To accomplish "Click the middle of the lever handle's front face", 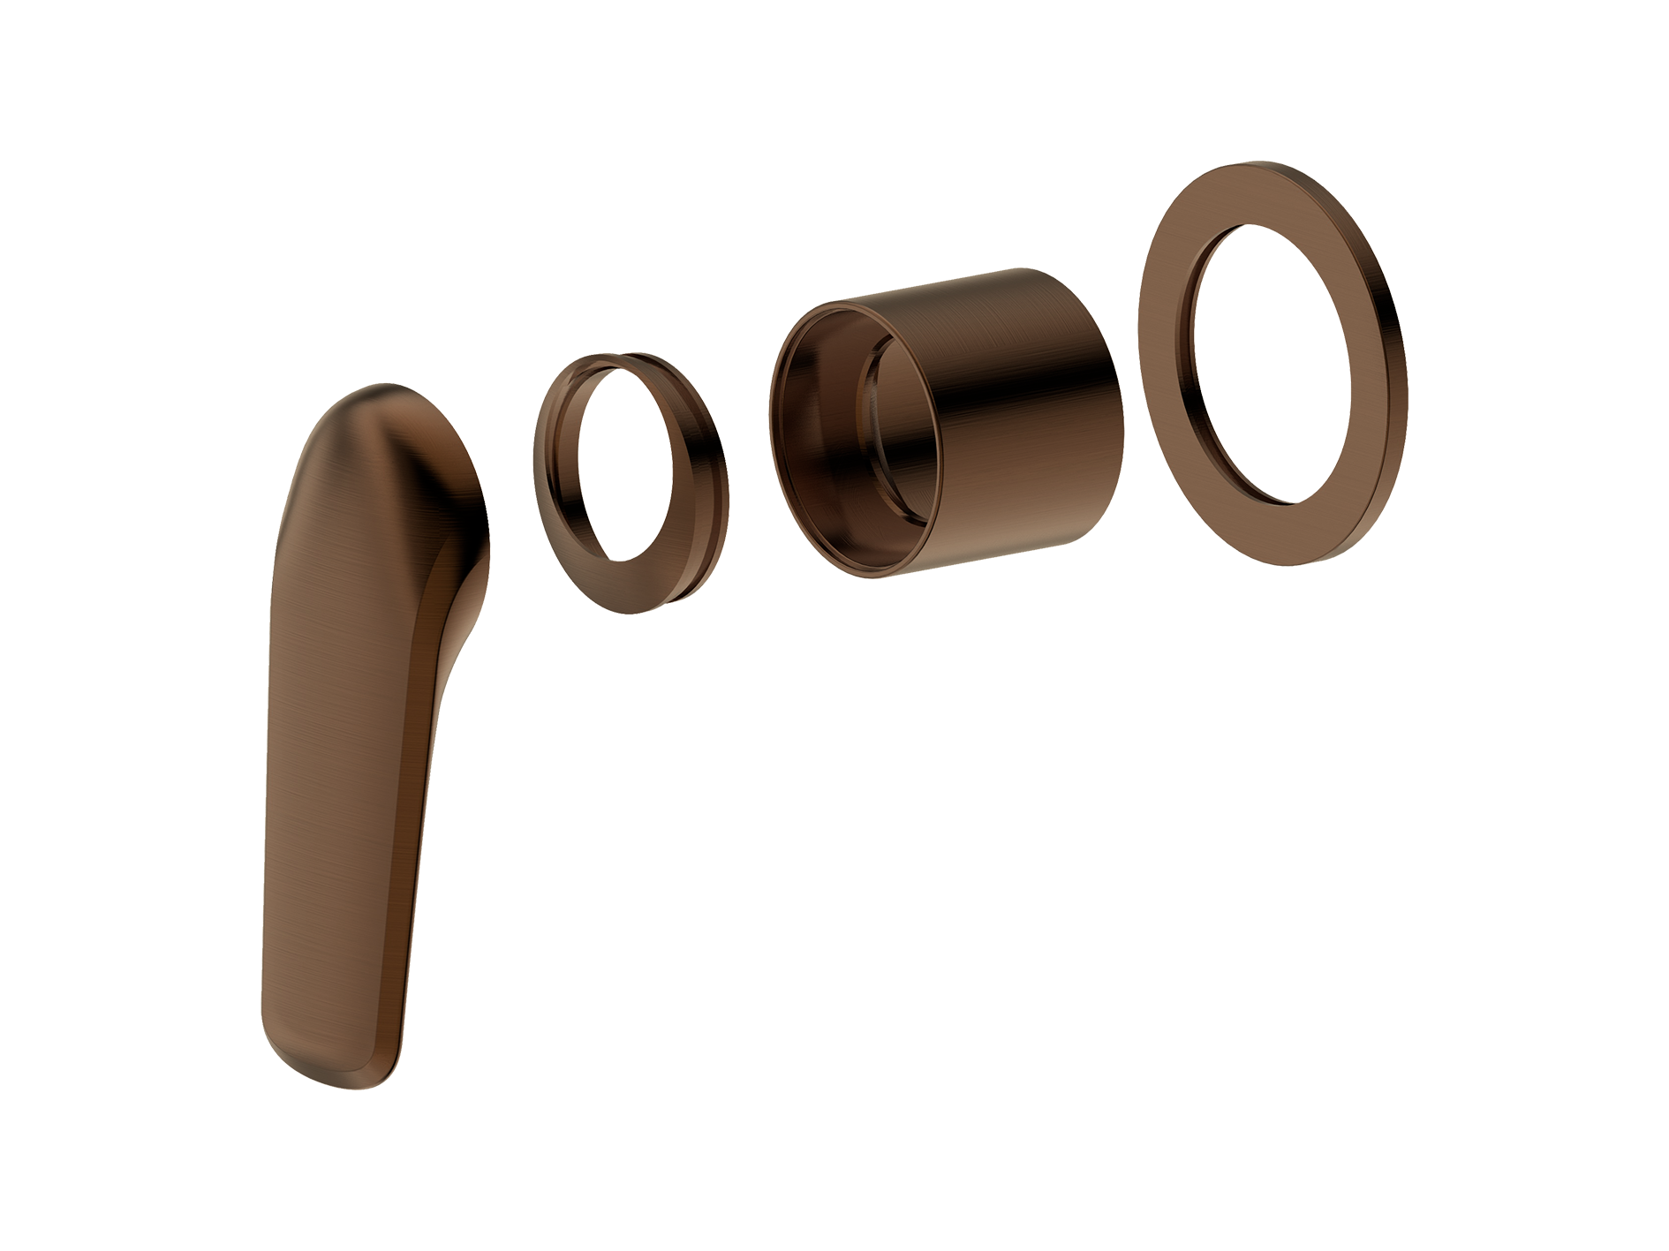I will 340,750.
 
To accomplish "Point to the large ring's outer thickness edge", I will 1395,353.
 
